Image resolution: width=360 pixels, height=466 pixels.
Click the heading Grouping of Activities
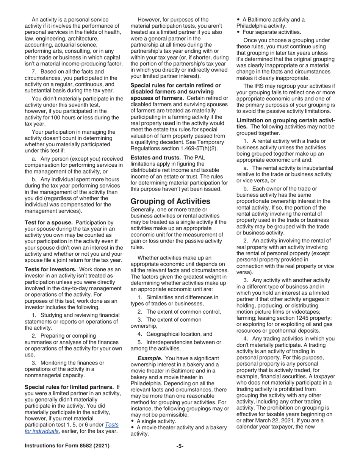(x=170, y=201)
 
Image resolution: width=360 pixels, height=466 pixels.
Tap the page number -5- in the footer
(x=180, y=446)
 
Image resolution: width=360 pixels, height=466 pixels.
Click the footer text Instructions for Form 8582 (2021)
(x=67, y=446)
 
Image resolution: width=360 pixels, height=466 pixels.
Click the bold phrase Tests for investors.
(x=51, y=269)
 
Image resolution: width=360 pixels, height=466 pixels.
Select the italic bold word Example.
(x=150, y=358)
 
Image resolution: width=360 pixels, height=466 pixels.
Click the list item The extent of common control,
(x=183, y=311)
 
